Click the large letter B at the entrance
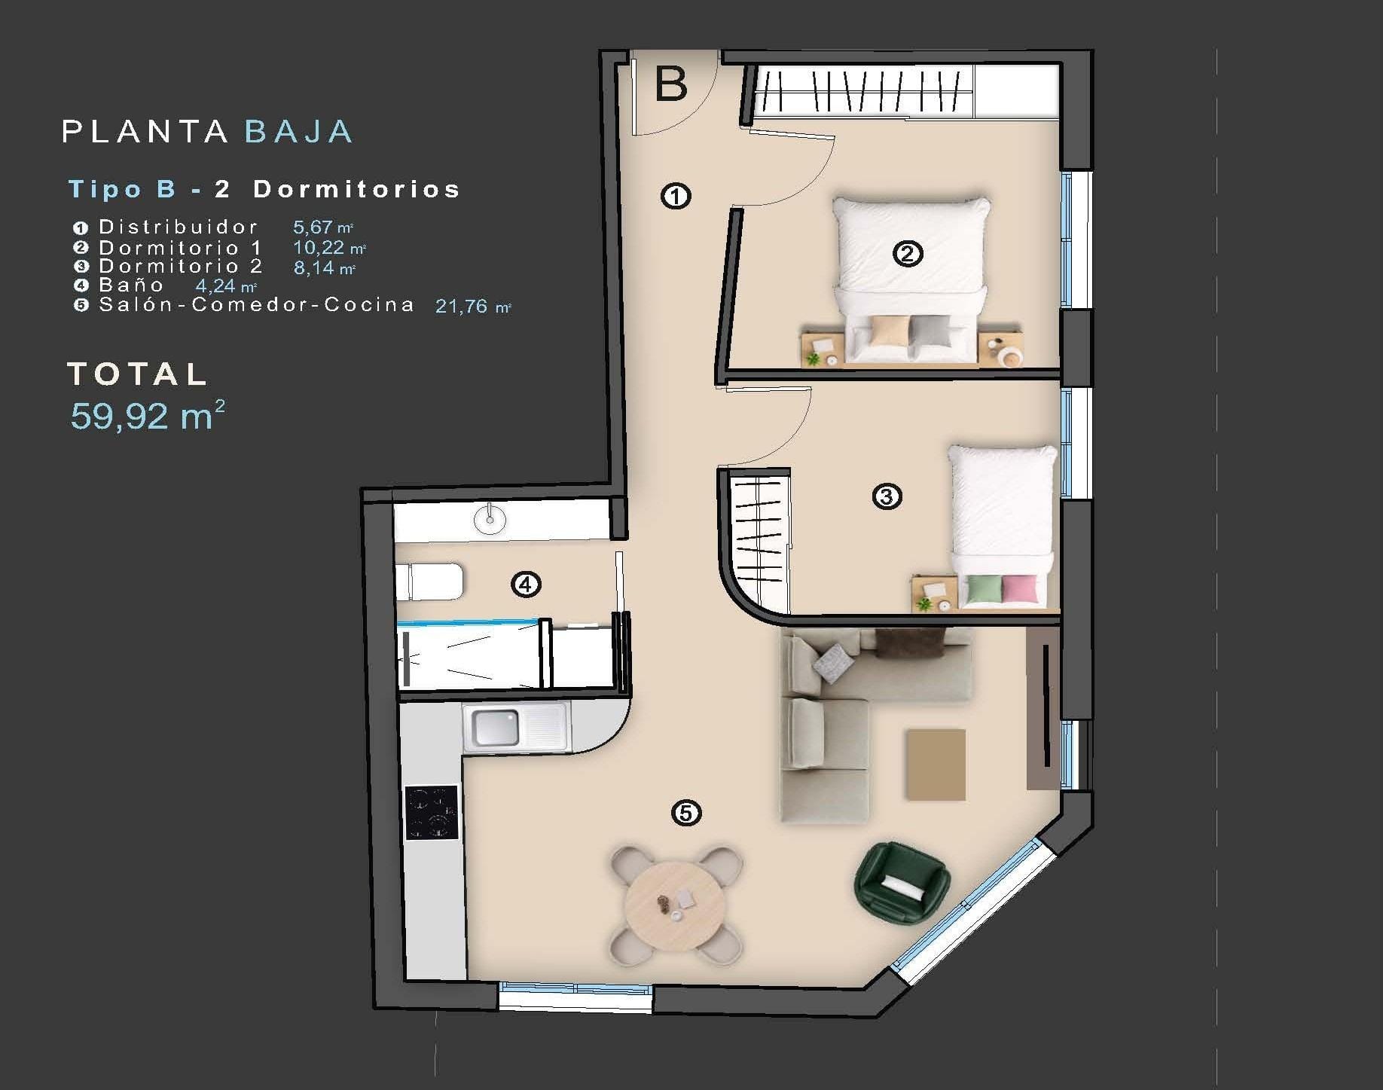(x=671, y=84)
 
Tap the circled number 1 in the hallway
(x=676, y=197)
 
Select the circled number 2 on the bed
(x=907, y=254)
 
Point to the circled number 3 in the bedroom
(x=887, y=496)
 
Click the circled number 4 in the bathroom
(x=526, y=584)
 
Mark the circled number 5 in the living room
(x=685, y=813)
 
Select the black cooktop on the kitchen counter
(x=432, y=812)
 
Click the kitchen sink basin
(x=495, y=728)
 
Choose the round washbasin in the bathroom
(x=490, y=519)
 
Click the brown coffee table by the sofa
(x=936, y=765)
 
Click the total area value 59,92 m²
(x=148, y=416)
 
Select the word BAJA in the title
(x=299, y=132)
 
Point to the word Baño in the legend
(x=131, y=285)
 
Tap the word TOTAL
(x=137, y=374)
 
